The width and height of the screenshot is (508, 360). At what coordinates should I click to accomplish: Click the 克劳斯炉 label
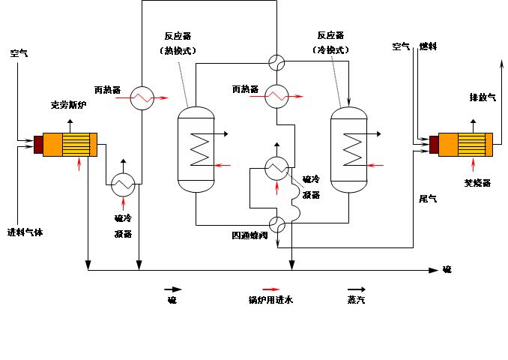pos(68,105)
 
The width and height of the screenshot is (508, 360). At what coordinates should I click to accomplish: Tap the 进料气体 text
pos(25,232)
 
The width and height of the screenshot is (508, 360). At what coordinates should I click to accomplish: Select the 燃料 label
pos(428,46)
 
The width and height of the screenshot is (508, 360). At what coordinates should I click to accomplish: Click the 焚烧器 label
pos(476,182)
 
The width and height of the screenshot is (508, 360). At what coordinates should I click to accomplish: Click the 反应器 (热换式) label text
pos(181,43)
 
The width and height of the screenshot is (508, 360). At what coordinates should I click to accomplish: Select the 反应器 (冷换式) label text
pos(330,43)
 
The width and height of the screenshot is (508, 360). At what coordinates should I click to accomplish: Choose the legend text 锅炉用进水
pos(270,301)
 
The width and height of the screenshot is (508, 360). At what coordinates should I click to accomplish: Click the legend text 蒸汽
pos(356,301)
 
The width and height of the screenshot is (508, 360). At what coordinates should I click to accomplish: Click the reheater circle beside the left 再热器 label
pos(142,98)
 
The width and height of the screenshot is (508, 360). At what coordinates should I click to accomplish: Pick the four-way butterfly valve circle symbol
pos(277,223)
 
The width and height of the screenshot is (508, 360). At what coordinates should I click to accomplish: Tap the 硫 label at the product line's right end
pos(447,269)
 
